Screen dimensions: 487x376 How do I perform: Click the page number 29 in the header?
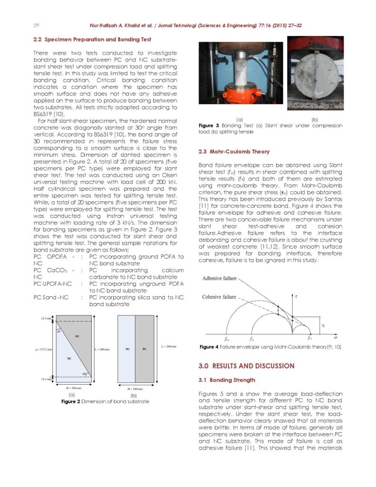(36, 25)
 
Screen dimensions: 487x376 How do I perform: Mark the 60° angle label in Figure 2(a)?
(84, 373)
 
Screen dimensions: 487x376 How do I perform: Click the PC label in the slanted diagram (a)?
(77, 336)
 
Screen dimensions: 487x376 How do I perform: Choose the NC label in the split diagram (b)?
(127, 349)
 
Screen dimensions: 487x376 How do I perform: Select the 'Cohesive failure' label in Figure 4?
(219, 297)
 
